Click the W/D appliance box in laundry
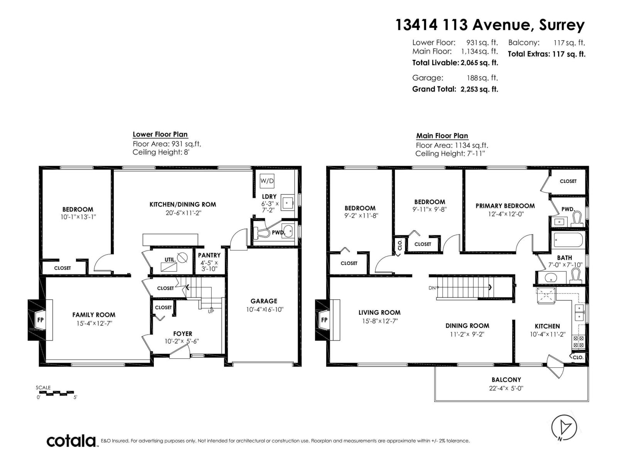pos(267,181)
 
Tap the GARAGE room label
pos(264,301)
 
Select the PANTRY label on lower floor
pos(209,255)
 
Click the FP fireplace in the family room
pos(40,320)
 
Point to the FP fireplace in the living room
pos(324,320)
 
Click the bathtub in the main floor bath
pos(568,240)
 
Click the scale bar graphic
pos(56,393)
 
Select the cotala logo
pos(72,440)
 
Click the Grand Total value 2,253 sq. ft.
pos(479,89)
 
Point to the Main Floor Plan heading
pos(442,136)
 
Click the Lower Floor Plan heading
pos(160,134)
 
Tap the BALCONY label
pos(506,380)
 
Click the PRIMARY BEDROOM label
pos(505,206)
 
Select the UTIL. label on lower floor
pos(170,260)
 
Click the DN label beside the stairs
pos(432,288)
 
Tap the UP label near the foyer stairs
pos(211,311)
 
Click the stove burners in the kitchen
pos(578,342)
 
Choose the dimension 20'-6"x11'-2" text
pos(182,213)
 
